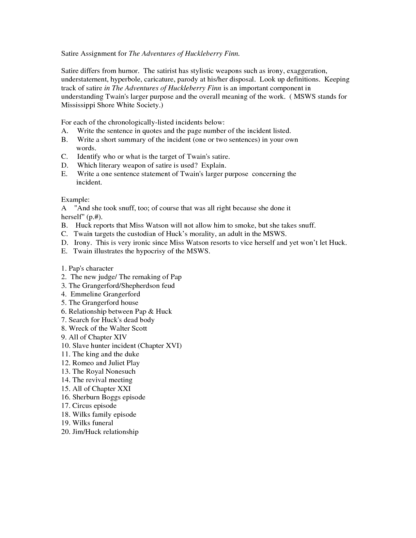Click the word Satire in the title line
[x=70, y=53]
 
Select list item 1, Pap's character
[x=87, y=268]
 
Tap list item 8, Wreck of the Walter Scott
[x=104, y=328]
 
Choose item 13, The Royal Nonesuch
[x=98, y=371]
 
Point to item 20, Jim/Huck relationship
[x=100, y=432]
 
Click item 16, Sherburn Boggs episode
[x=103, y=397]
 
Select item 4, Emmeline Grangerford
[x=100, y=294]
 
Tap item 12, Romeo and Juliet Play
[x=100, y=363]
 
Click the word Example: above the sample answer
[x=75, y=200]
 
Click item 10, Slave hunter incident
[x=121, y=346]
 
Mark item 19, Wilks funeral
[x=87, y=423]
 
